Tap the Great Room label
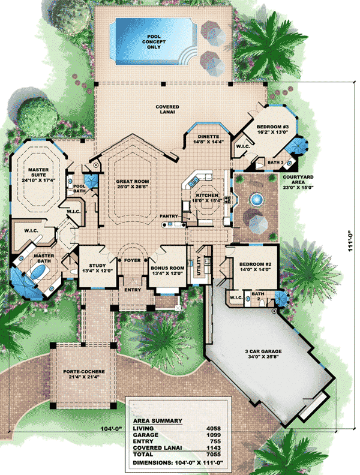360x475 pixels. pos(133,184)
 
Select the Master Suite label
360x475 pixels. pos(38,175)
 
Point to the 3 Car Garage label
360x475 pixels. pos(263,354)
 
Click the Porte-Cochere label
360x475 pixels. pos(84,374)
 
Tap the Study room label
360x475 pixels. pos(97,268)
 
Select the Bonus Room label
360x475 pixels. pos(167,270)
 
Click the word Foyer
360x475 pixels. pos(133,260)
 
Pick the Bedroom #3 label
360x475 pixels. pos(272,130)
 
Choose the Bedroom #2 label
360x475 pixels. pos(255,266)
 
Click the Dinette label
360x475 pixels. pos(208,139)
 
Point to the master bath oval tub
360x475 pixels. pos(39,272)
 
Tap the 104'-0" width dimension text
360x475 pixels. pos(111,428)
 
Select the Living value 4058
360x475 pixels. pos(214,428)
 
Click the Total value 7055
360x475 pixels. pos(214,454)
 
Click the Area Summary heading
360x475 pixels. pos(158,421)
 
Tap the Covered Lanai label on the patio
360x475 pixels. pos(167,109)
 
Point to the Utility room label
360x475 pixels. pos(199,266)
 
